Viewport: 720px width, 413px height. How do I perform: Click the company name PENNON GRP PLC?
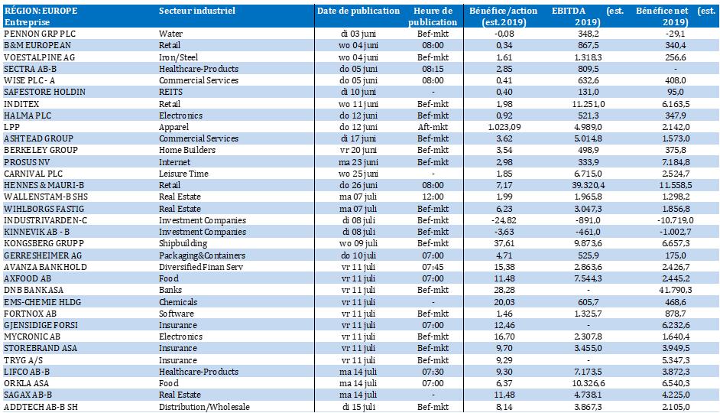[x=40, y=34]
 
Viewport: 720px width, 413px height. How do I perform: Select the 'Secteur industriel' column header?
[x=197, y=11]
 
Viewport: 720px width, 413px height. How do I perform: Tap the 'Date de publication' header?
[x=358, y=11]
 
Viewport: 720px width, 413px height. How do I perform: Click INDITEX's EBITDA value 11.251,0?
[x=589, y=104]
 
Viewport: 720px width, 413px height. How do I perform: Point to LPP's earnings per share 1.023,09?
[x=504, y=127]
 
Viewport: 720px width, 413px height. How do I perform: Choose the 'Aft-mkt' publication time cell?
[x=433, y=127]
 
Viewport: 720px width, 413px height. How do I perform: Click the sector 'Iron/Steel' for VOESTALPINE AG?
[x=179, y=57]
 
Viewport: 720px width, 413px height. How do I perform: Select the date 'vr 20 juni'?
[x=358, y=150]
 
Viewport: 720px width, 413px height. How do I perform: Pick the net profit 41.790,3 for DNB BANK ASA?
[x=676, y=290]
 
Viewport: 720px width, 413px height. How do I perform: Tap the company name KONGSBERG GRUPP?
[x=44, y=243]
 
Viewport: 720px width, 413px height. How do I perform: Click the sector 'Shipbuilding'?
[x=183, y=243]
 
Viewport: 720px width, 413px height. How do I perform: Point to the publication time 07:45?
[x=433, y=267]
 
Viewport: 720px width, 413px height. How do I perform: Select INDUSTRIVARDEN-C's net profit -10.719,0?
[x=676, y=220]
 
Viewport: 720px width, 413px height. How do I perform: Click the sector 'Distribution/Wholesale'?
[x=204, y=407]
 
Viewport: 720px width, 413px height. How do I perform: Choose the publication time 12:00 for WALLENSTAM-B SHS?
[x=433, y=197]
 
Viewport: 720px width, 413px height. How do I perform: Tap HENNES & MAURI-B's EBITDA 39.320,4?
[x=589, y=185]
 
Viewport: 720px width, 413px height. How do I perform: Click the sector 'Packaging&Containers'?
[x=203, y=255]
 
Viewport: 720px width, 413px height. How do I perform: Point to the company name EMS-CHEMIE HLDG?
[x=42, y=302]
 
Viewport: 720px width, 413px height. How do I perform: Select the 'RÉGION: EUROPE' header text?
[x=41, y=11]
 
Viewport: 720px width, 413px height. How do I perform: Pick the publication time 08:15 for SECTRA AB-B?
[x=433, y=68]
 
